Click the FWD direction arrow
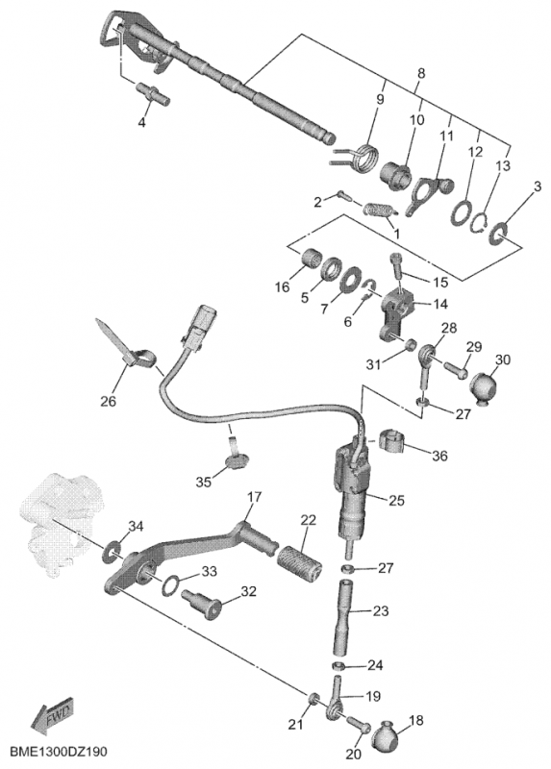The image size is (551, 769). tap(52, 715)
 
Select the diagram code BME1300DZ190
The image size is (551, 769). tap(59, 752)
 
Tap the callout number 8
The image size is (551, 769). tap(420, 74)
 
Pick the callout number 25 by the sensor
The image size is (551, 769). tap(396, 501)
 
